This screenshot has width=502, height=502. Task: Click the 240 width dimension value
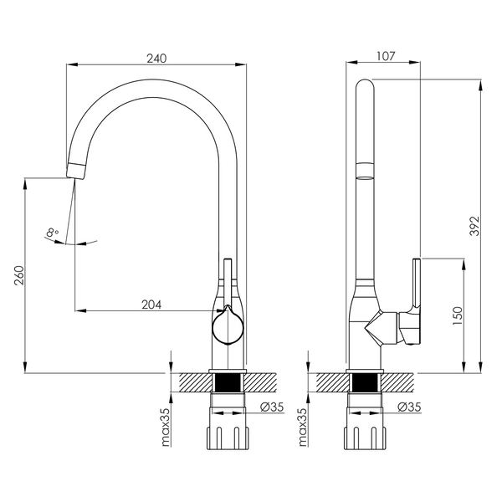156,59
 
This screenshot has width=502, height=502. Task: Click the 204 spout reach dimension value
151,305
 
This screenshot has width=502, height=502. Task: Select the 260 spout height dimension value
19,275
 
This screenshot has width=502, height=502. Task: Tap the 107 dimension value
386,56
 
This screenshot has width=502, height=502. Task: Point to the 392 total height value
474,226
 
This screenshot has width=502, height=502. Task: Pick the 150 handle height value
458,316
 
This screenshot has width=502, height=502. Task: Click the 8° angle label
52,232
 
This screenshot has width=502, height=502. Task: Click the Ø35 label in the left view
272,407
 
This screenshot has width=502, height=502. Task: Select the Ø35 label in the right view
409,407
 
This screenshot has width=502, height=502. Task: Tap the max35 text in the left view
166,427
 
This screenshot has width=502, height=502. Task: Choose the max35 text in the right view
303,427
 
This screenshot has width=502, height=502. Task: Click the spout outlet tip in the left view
76,171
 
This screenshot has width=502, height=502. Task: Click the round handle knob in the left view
228,327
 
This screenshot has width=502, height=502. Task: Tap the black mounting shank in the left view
228,383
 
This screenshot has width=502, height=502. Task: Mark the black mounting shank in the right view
365,383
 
